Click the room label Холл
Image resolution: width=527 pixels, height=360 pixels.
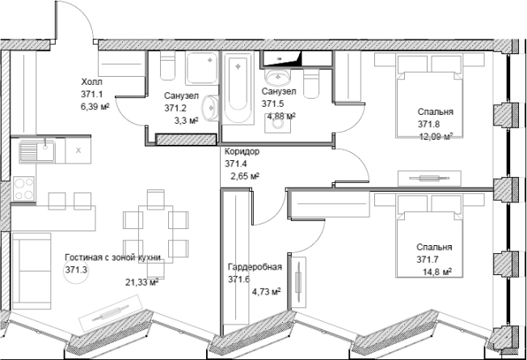[91, 82]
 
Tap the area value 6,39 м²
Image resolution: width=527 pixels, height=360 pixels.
[95, 108]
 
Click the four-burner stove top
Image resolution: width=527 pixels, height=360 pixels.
[23, 188]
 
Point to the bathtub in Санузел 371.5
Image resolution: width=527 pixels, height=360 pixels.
[238, 88]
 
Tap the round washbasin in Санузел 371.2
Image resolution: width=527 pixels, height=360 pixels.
[210, 108]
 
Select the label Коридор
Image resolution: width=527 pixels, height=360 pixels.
[242, 151]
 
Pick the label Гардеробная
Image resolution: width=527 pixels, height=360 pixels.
[255, 267]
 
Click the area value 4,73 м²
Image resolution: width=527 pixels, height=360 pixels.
[267, 291]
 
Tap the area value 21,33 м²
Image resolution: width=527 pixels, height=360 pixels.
[141, 282]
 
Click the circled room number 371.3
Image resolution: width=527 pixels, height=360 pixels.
[76, 270]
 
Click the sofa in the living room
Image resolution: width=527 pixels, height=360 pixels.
[32, 271]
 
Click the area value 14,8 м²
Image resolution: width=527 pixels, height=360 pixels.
[437, 271]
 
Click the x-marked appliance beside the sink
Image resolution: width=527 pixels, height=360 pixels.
[78, 150]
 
